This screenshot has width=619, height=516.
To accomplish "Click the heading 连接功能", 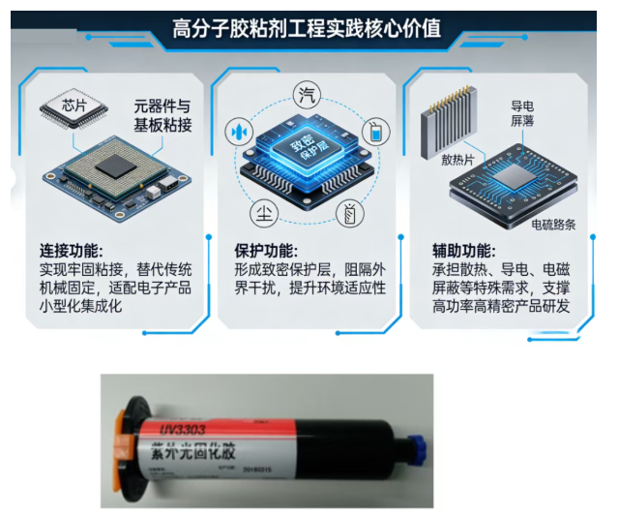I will point(73,250).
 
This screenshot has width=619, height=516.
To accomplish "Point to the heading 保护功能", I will point(267,250).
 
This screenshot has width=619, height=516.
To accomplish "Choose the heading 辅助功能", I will point(463,250).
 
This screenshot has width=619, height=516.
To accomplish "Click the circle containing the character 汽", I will point(307,95).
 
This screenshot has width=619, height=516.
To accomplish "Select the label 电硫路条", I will point(553,225).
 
